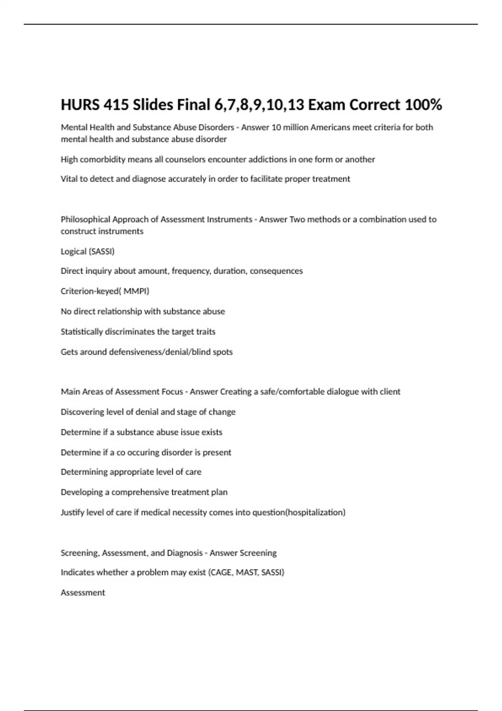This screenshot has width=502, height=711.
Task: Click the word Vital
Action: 69,179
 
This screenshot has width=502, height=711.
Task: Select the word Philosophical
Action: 86,220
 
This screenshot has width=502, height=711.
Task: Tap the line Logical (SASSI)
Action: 87,251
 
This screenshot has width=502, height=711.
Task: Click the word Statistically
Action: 82,332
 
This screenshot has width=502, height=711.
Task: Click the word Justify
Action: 72,512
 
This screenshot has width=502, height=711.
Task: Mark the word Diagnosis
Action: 184,553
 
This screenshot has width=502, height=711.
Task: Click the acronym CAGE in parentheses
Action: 221,573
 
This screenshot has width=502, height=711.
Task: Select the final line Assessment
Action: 83,593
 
